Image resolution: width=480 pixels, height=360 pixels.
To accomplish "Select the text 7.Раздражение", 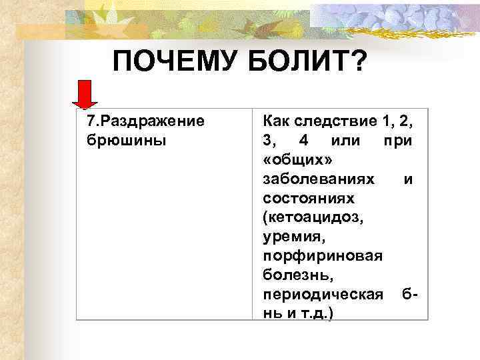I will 145,122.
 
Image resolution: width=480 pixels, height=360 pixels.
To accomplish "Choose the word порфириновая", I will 323,256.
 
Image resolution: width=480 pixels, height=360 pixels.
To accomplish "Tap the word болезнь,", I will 297,275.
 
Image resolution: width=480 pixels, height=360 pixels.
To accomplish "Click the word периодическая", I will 323,295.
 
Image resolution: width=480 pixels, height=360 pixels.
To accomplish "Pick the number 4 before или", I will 305,141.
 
